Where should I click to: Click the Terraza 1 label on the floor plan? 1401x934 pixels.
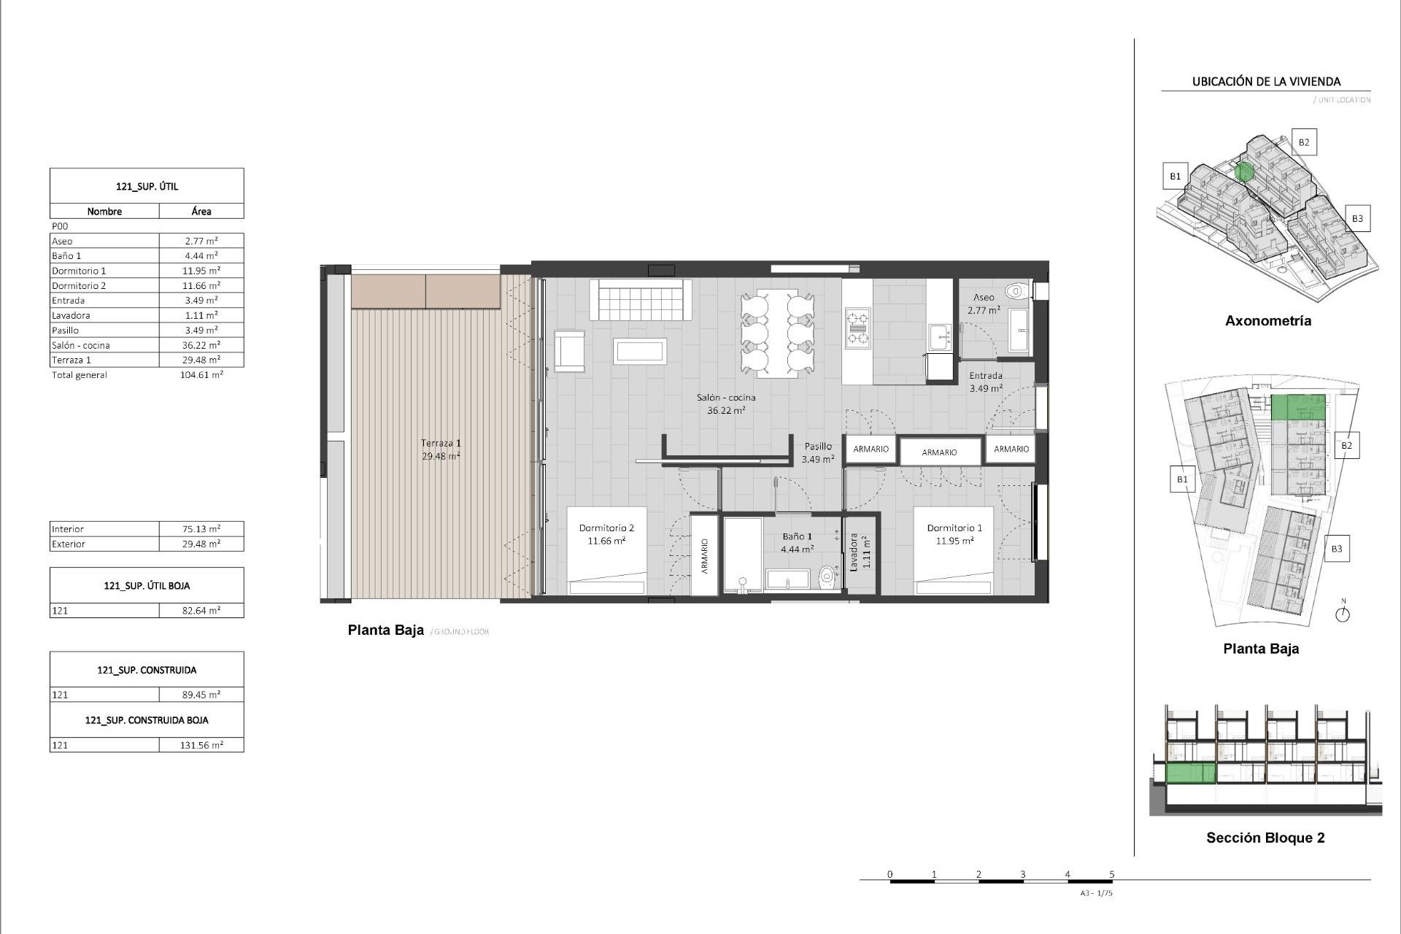coord(441,444)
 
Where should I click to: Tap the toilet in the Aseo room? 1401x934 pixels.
coord(1015,292)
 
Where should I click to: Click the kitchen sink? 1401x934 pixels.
coord(940,337)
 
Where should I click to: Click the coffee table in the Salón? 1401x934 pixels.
coord(640,351)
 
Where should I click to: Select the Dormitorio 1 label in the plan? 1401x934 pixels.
coord(954,528)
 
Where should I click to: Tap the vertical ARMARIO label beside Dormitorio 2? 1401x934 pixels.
coord(705,556)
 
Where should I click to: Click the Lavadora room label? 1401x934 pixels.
coord(854,552)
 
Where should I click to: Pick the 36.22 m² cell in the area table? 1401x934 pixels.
coord(201,345)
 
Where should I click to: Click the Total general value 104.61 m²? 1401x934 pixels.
coord(201,375)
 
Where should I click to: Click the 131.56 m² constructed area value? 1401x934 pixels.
coord(201,745)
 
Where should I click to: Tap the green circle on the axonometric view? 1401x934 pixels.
coord(1245,172)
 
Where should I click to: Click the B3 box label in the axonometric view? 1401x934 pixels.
coord(1356,218)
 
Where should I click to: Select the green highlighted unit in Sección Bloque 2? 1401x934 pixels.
coord(1191,773)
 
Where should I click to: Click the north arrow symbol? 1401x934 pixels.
coord(1343,614)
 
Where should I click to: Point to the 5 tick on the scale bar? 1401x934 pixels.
coord(1112,874)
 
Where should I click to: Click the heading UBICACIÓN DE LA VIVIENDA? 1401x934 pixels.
coord(1266,82)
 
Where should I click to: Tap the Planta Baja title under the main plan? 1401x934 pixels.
coord(385,630)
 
